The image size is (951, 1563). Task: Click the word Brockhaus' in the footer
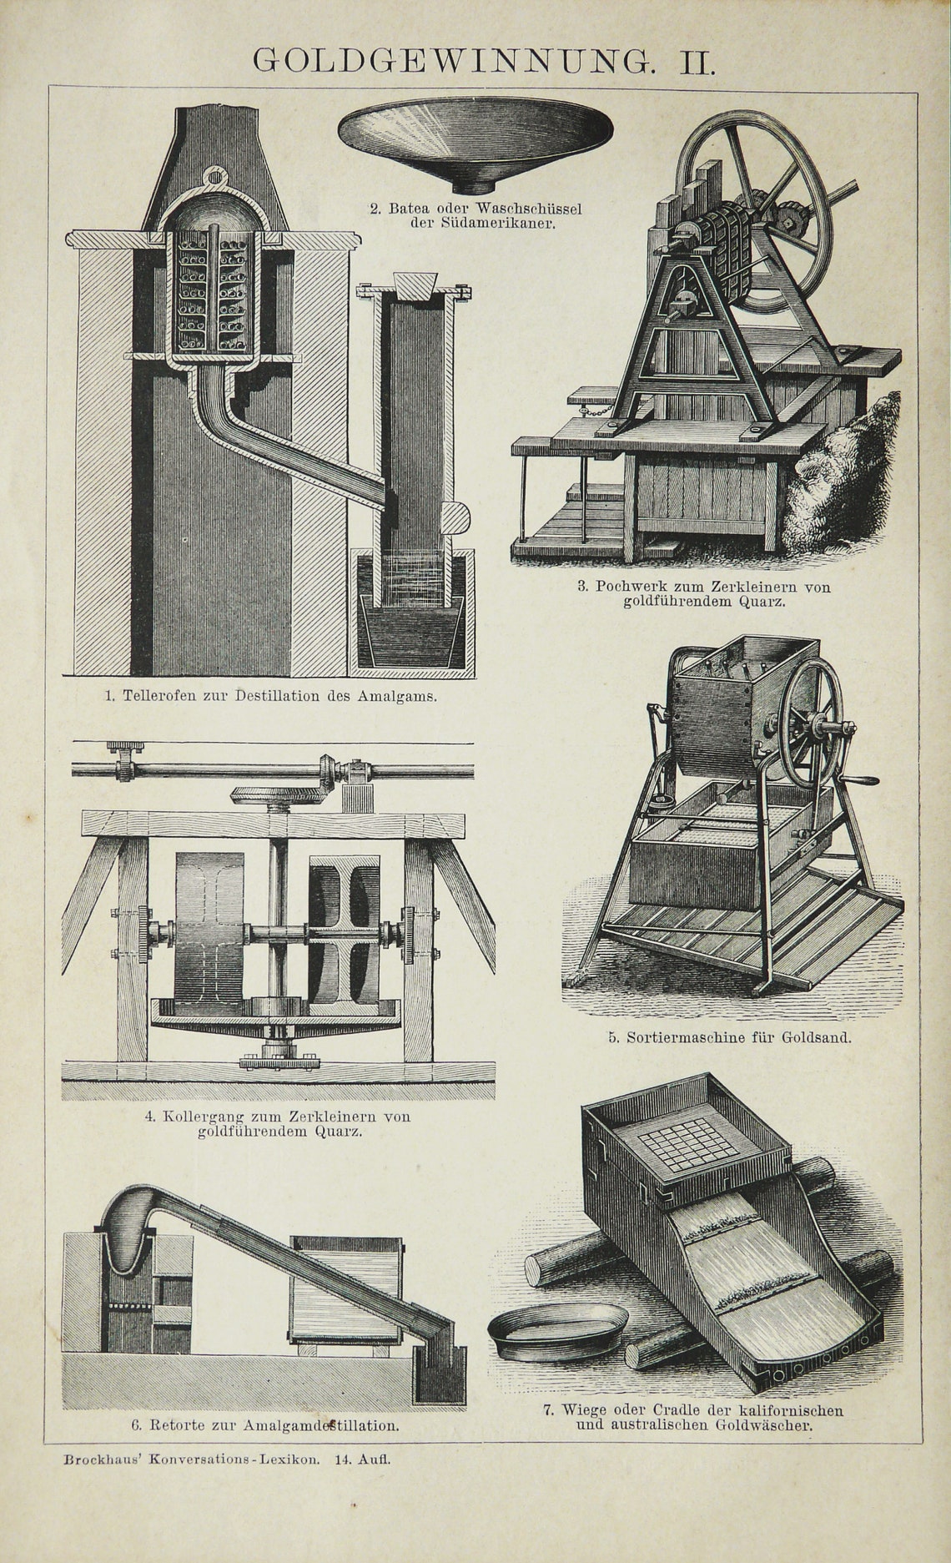(x=99, y=1460)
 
